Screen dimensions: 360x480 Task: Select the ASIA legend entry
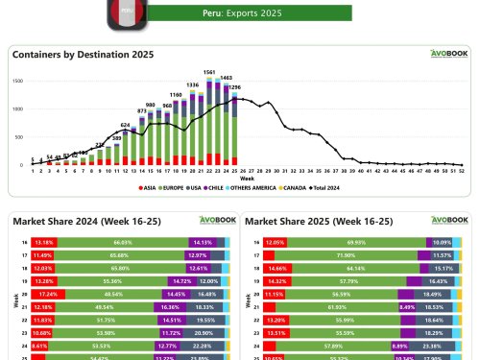(x=150, y=188)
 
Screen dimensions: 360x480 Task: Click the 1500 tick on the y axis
(x=19, y=81)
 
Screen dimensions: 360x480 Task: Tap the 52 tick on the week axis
(x=463, y=172)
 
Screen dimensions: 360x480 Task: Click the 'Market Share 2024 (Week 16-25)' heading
(x=76, y=221)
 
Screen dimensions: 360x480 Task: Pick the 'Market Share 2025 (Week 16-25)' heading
(x=310, y=221)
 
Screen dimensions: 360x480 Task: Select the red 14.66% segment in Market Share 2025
(x=277, y=268)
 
